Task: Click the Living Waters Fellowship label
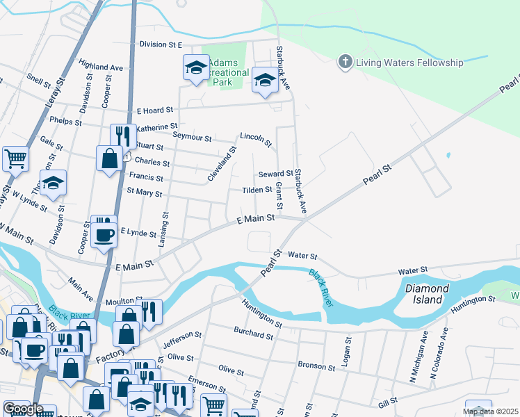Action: [x=409, y=63]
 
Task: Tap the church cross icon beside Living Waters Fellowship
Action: [x=344, y=63]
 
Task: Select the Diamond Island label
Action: [x=425, y=293]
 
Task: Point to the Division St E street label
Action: [x=160, y=44]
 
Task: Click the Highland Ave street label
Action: [x=101, y=67]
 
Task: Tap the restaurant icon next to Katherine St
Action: [x=123, y=136]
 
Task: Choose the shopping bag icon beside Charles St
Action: [x=109, y=158]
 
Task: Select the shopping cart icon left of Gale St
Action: [x=15, y=158]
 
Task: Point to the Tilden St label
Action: [x=257, y=190]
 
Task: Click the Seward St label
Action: [x=276, y=174]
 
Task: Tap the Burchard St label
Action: [x=253, y=334]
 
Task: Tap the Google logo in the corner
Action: [x=23, y=409]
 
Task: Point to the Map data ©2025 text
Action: [x=489, y=411]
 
